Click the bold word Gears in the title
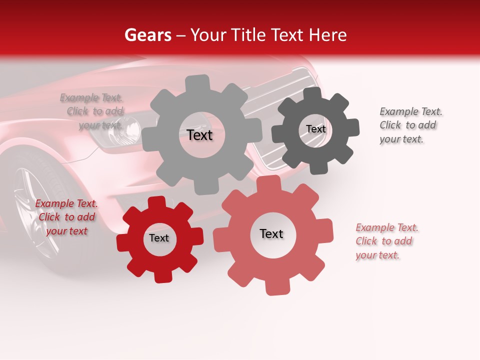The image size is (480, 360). point(147,35)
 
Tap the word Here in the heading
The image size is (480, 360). point(327,35)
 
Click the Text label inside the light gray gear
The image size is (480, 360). point(200,135)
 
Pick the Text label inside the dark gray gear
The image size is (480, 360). point(315,129)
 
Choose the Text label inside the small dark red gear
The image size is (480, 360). point(159,238)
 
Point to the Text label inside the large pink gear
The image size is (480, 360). point(271,233)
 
